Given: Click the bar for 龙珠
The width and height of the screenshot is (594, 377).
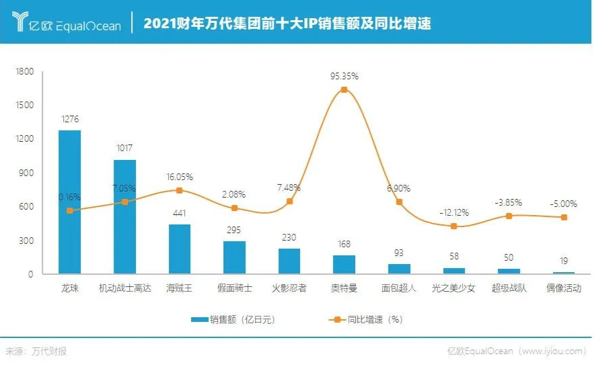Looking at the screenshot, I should pyautogui.click(x=69, y=202).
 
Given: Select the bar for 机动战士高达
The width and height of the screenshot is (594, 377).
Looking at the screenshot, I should pyautogui.click(x=124, y=216).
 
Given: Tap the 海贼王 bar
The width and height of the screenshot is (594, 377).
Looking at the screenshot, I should pyautogui.click(x=180, y=249).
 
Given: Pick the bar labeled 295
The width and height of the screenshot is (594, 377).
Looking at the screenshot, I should pyautogui.click(x=234, y=257).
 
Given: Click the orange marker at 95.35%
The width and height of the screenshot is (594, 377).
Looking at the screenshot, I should pyautogui.click(x=344, y=89).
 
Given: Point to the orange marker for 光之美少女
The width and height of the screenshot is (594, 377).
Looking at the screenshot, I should pyautogui.click(x=453, y=226).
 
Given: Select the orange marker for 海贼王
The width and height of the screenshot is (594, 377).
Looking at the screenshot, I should pyautogui.click(x=180, y=190).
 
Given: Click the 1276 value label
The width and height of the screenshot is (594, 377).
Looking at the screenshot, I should pyautogui.click(x=69, y=119).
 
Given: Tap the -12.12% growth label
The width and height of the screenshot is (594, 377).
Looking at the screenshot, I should pyautogui.click(x=454, y=212).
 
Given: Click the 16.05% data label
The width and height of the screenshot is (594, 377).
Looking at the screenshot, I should pyautogui.click(x=180, y=177).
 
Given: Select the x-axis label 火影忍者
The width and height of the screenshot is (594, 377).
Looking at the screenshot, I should pyautogui.click(x=289, y=288).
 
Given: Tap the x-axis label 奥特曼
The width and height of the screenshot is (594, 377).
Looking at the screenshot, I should pyautogui.click(x=344, y=288).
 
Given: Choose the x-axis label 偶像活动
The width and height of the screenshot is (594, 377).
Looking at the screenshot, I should pyautogui.click(x=564, y=288).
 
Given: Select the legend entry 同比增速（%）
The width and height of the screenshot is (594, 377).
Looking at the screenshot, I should pyautogui.click(x=367, y=319).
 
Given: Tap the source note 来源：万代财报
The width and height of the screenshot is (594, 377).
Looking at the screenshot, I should pyautogui.click(x=36, y=351).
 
